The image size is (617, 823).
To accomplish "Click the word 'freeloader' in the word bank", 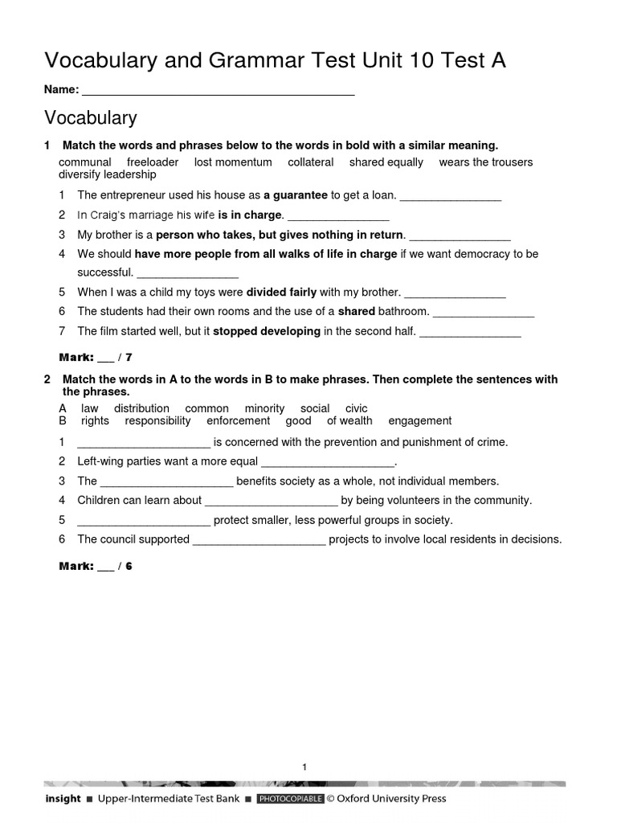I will tap(153, 162).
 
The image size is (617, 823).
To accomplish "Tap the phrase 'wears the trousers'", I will tap(485, 162).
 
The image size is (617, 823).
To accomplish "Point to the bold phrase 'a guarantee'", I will tap(296, 194).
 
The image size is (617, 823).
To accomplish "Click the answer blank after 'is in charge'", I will tap(338, 215).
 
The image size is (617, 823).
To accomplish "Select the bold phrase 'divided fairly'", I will tap(281, 292).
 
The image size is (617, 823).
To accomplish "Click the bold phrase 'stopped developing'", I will tap(267, 331).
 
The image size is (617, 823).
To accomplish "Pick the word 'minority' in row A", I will tap(264, 408).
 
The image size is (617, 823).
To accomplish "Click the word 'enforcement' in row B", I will tap(238, 420).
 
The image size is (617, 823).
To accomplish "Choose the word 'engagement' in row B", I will tap(419, 420).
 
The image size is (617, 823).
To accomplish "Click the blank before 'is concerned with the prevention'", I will tap(144, 443).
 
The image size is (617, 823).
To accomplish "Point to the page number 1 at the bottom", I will tap(304, 768).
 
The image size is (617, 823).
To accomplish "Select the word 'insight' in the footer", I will tap(63, 799).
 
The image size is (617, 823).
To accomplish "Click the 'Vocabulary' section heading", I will tap(90, 118).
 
